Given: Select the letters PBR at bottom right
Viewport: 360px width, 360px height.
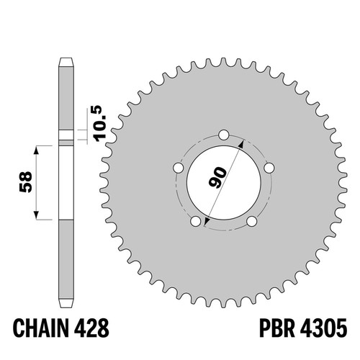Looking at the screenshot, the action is (277, 328).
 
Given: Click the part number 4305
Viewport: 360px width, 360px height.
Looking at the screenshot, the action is (323, 328).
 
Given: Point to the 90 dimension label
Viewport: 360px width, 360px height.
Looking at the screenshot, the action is (217, 178).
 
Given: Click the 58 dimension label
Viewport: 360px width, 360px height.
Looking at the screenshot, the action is (25, 181).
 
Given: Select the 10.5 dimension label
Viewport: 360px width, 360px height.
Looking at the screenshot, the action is (99, 124).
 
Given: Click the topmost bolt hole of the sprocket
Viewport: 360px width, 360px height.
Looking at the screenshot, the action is (224, 135).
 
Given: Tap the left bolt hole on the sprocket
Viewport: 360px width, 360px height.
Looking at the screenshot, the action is (179, 168).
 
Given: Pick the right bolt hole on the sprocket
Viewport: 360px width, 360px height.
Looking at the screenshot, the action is (269, 168).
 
